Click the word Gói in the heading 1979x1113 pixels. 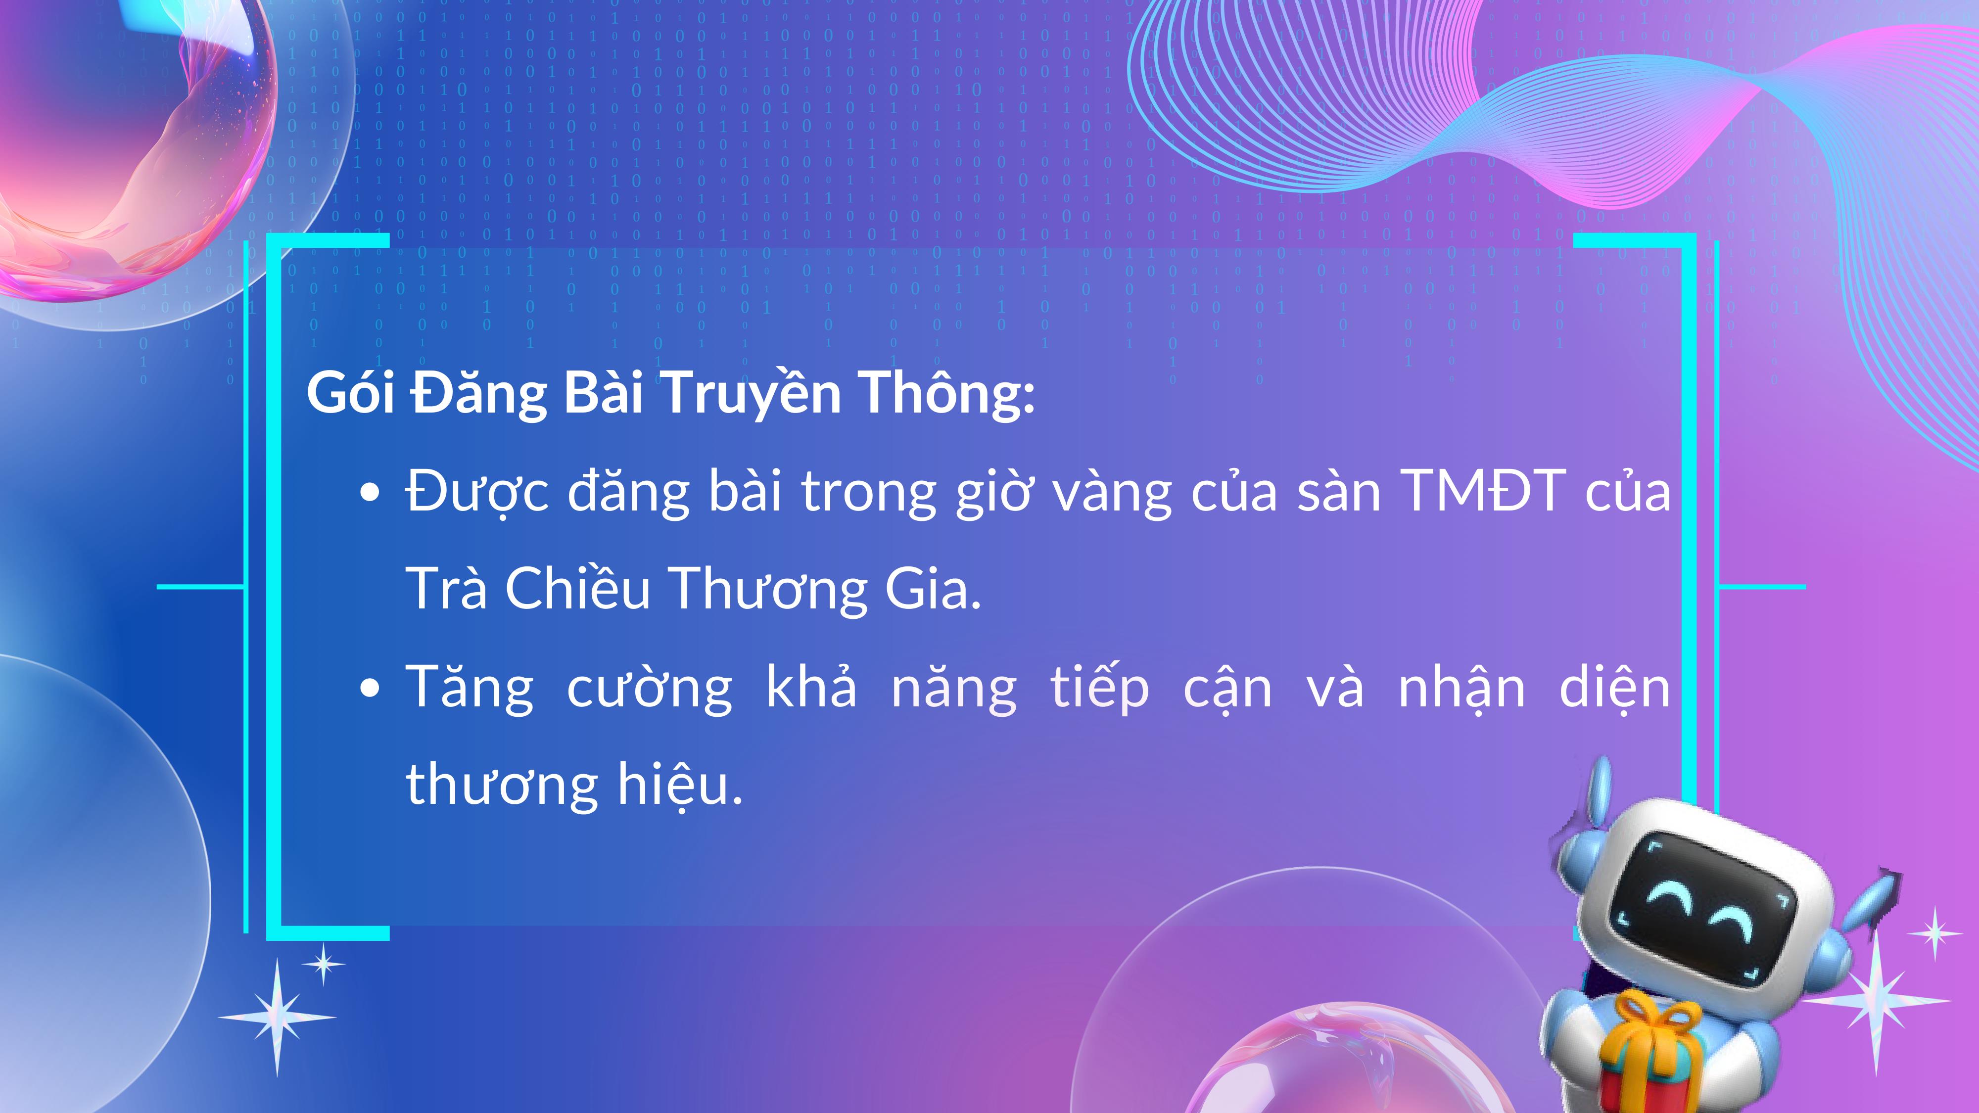pos(350,392)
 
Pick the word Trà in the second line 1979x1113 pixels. pos(446,588)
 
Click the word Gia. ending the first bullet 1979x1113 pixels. pos(934,588)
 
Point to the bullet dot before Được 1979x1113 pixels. pos(371,494)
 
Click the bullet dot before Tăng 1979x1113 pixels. pos(371,689)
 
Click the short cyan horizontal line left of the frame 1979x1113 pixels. pos(200,587)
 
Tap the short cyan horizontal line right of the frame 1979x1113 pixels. pos(1761,587)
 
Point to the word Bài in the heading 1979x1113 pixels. pos(603,392)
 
